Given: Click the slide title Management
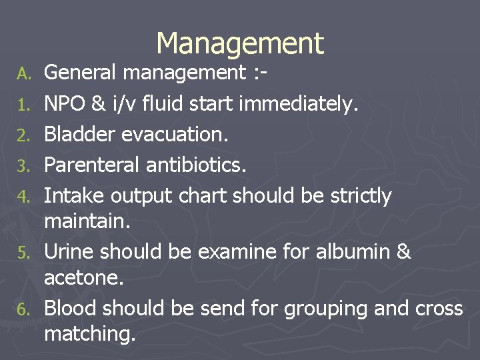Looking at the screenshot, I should (239, 43).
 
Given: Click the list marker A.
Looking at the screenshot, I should (24, 73).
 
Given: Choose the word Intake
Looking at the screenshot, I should (74, 196).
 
